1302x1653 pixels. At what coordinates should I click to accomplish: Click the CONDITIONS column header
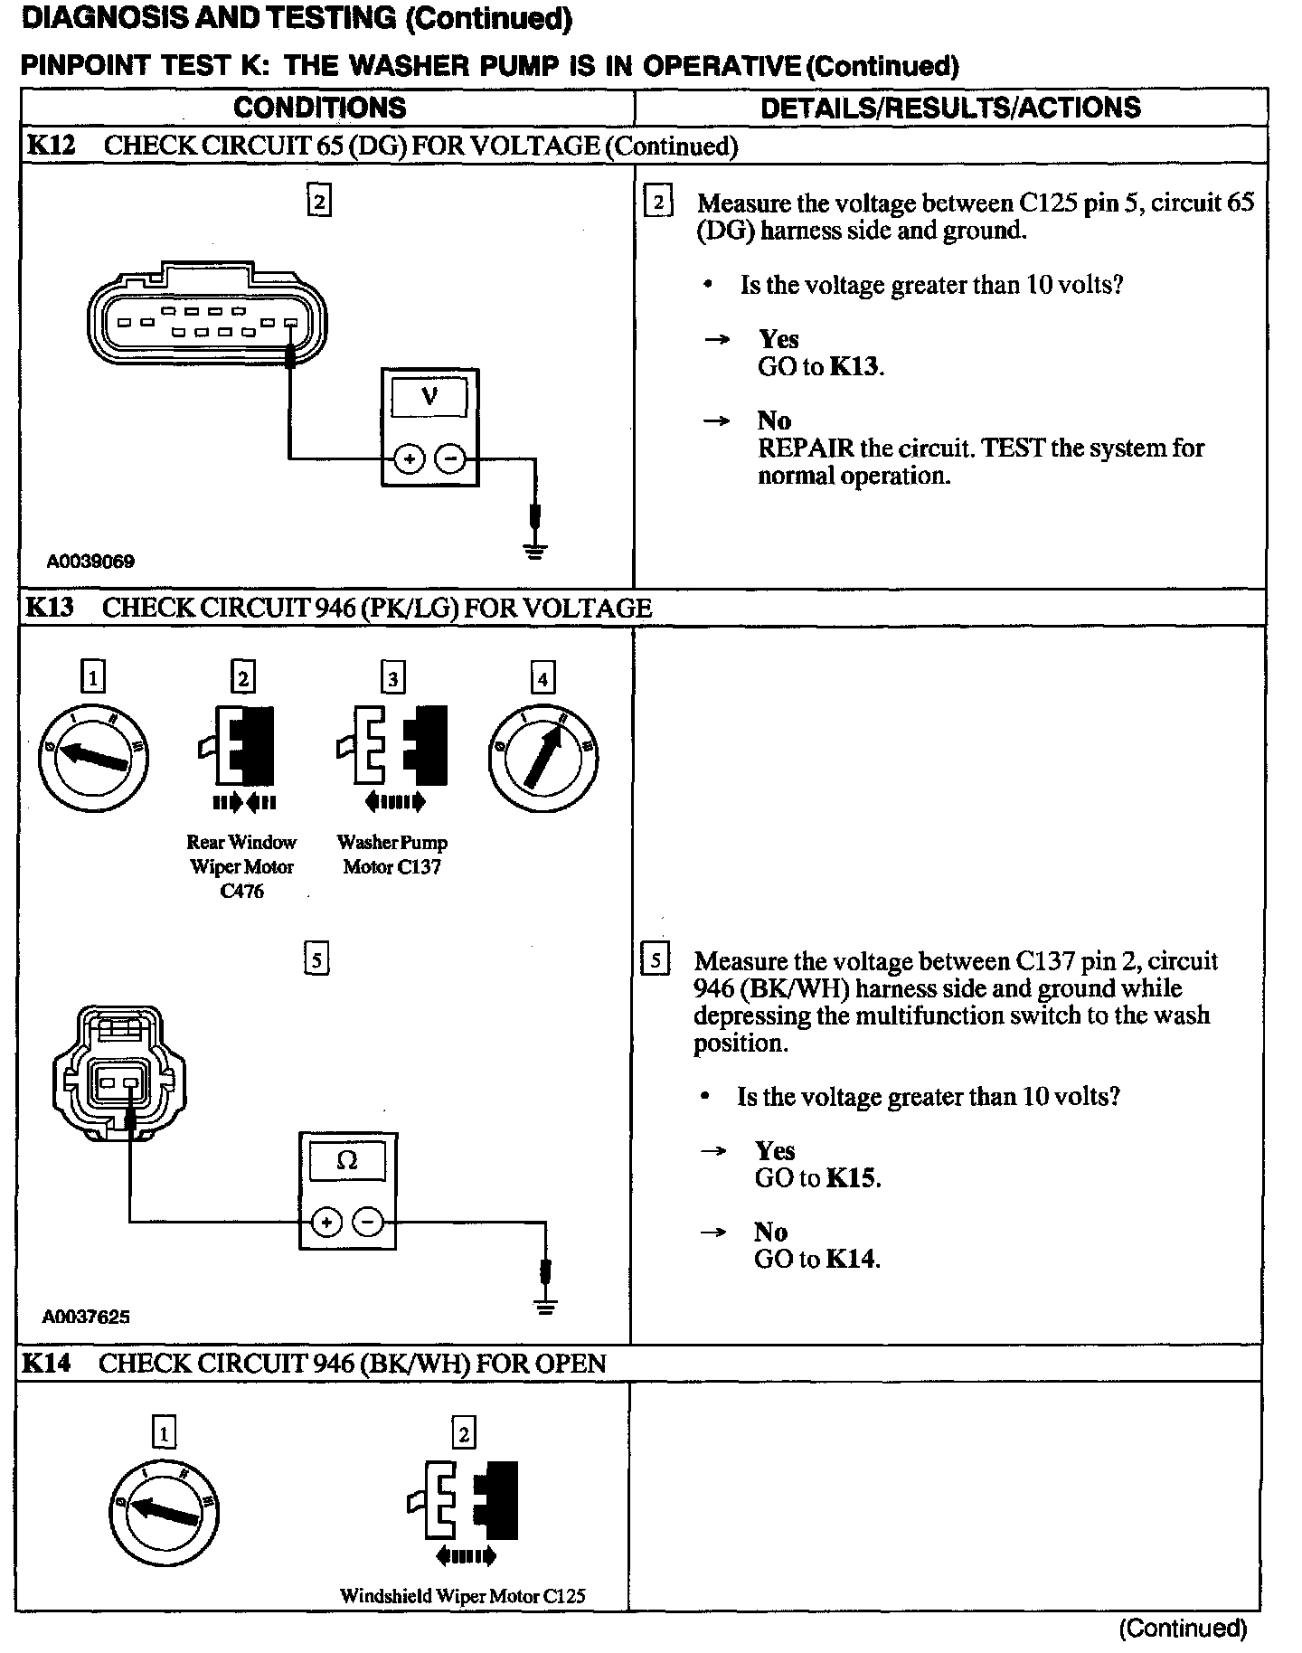coord(319,108)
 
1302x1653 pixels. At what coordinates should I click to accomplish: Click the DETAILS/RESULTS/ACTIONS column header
coord(949,108)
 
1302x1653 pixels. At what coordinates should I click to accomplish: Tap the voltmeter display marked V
coord(429,397)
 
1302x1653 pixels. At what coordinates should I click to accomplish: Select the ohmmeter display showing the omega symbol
coord(347,1161)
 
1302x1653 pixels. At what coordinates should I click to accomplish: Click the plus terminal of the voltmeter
coord(410,459)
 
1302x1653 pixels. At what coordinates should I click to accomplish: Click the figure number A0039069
coord(90,562)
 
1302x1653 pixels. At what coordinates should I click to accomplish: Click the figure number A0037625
coord(86,1317)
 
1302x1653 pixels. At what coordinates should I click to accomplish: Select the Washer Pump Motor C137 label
coord(392,855)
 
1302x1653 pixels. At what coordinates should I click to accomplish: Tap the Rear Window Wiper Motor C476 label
coord(241,866)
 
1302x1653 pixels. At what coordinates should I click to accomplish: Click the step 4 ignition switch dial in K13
coord(542,757)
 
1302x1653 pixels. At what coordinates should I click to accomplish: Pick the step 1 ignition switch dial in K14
coord(164,1512)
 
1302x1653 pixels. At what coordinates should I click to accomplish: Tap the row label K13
coord(49,608)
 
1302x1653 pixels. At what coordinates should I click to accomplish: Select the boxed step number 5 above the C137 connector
coord(316,959)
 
